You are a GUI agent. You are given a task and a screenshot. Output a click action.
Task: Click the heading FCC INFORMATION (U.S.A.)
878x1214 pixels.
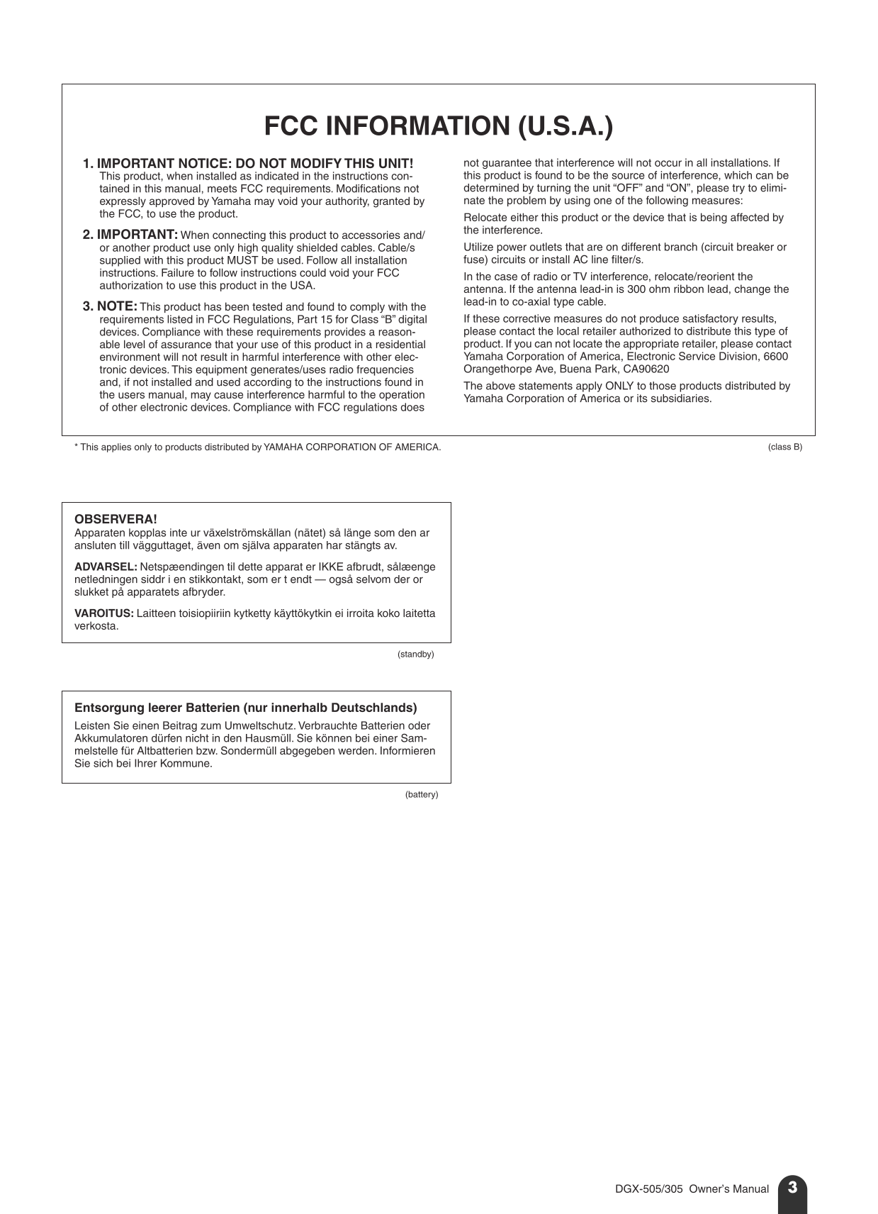point(438,126)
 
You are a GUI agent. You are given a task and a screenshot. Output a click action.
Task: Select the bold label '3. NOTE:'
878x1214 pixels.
point(110,306)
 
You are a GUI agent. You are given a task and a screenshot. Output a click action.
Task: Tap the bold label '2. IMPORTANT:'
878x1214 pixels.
point(130,235)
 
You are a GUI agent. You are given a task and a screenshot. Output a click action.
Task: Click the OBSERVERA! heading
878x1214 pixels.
point(116,520)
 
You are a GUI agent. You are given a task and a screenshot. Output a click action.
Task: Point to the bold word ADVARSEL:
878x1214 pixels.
point(106,567)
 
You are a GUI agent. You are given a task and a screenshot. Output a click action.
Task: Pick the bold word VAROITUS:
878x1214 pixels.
point(103,613)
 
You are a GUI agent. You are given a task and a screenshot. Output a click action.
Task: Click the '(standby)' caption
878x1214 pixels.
point(415,654)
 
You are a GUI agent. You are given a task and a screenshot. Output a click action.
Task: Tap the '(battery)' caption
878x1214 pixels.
point(422,794)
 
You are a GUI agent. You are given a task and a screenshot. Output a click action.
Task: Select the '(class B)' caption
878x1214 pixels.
point(784,447)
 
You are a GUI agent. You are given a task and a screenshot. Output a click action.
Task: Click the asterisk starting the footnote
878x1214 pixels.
point(77,447)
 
